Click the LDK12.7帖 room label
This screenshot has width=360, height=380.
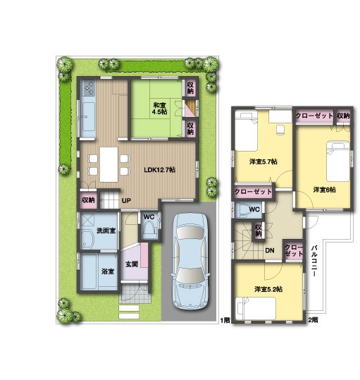tap(160, 170)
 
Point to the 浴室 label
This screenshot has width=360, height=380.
tap(107, 271)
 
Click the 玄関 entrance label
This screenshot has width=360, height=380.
tap(132, 264)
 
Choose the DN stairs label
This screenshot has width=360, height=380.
tap(269, 250)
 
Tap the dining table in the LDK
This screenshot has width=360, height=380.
tap(108, 164)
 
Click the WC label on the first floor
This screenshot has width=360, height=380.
tap(149, 216)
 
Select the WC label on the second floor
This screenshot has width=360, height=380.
tap(254, 209)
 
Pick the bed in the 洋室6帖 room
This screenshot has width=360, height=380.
tap(336, 159)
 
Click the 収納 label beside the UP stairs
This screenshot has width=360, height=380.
tap(88, 200)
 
